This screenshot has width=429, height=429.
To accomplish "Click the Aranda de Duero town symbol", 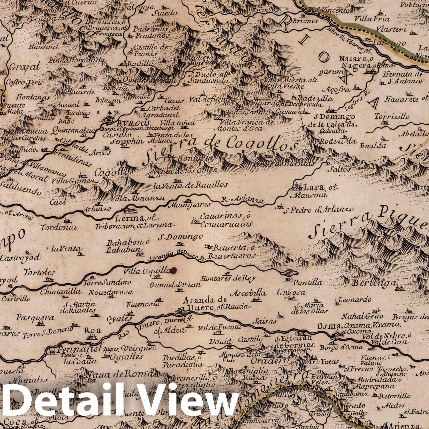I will pos(180,311).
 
